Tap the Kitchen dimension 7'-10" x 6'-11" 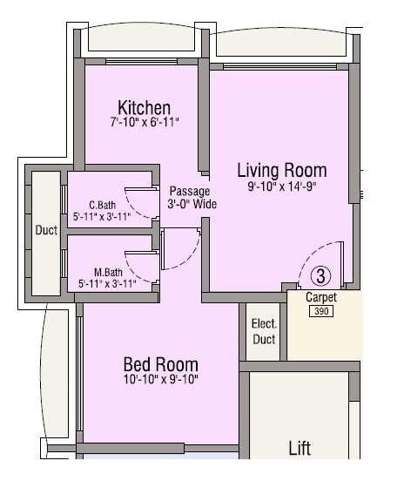tap(145, 124)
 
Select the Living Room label tap(282, 170)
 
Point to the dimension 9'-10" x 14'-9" tap(282, 186)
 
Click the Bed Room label tap(160, 364)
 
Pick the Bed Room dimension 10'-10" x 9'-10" tap(160, 380)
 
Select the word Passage tap(190, 192)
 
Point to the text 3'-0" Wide tap(192, 205)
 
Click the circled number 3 tap(321, 276)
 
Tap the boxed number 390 tap(321, 311)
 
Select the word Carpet tap(321, 298)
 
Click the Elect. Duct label tap(264, 331)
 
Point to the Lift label tap(300, 449)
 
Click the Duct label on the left tap(46, 231)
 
